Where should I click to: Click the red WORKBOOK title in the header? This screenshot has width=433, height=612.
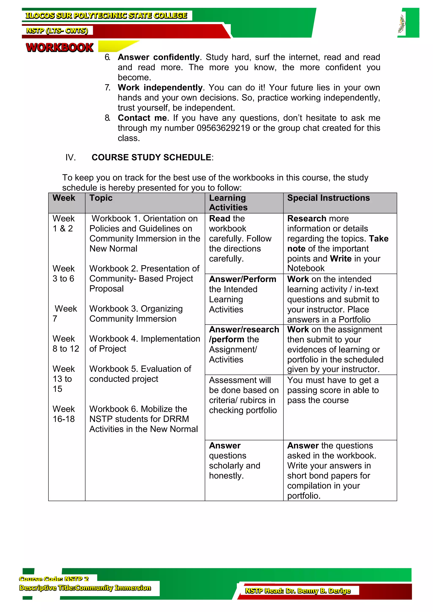pos(59,48)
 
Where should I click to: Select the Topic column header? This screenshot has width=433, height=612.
pos(101,198)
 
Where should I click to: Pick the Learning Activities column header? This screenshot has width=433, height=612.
pos(228,203)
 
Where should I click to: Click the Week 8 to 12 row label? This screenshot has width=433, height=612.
pos(66,344)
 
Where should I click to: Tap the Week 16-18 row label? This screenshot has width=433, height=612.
pos(63,414)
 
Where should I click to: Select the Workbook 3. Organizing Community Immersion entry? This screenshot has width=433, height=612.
pos(136,314)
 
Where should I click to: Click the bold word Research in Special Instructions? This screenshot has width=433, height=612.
pos(306,219)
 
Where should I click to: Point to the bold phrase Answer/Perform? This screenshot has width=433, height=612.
pos(242,279)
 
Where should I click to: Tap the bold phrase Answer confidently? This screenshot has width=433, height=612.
pos(159,57)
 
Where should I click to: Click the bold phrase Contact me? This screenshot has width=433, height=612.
pos(142,118)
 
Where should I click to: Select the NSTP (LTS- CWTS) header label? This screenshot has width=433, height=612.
pos(57,31)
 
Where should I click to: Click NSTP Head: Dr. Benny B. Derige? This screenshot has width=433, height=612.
pos(297,591)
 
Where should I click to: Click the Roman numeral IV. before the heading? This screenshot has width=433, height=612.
pos(70,157)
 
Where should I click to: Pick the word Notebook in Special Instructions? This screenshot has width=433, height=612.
pos(306,268)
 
